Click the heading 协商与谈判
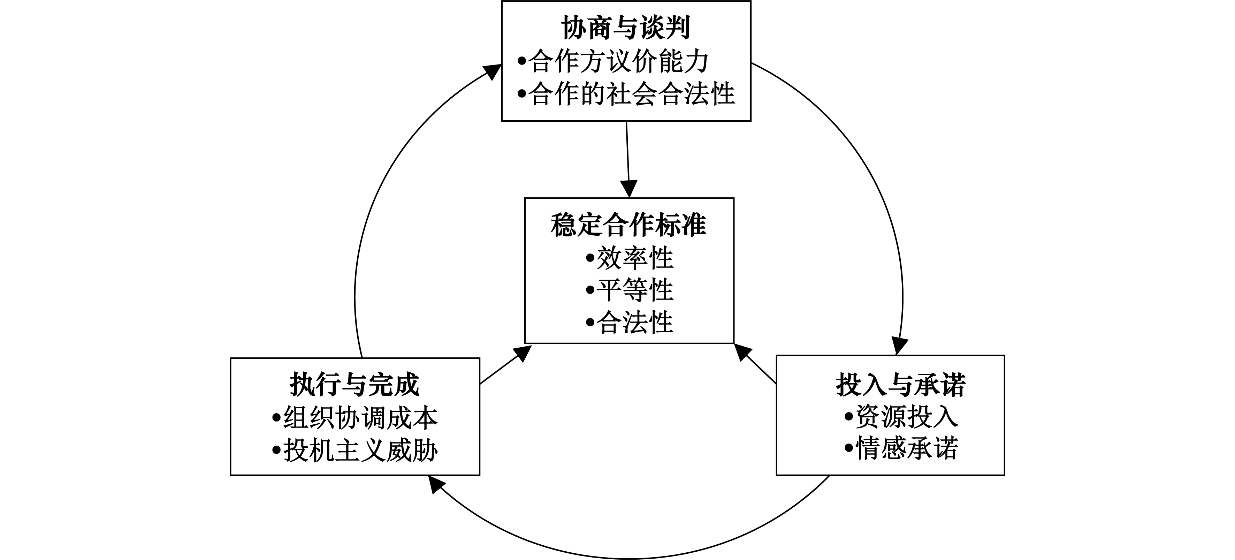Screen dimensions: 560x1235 click(x=626, y=28)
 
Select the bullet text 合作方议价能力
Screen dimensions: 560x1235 click(x=618, y=61)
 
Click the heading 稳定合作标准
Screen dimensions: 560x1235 click(x=628, y=225)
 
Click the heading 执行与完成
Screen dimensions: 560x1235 click(x=355, y=385)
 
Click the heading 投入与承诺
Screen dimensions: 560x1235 click(x=901, y=385)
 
